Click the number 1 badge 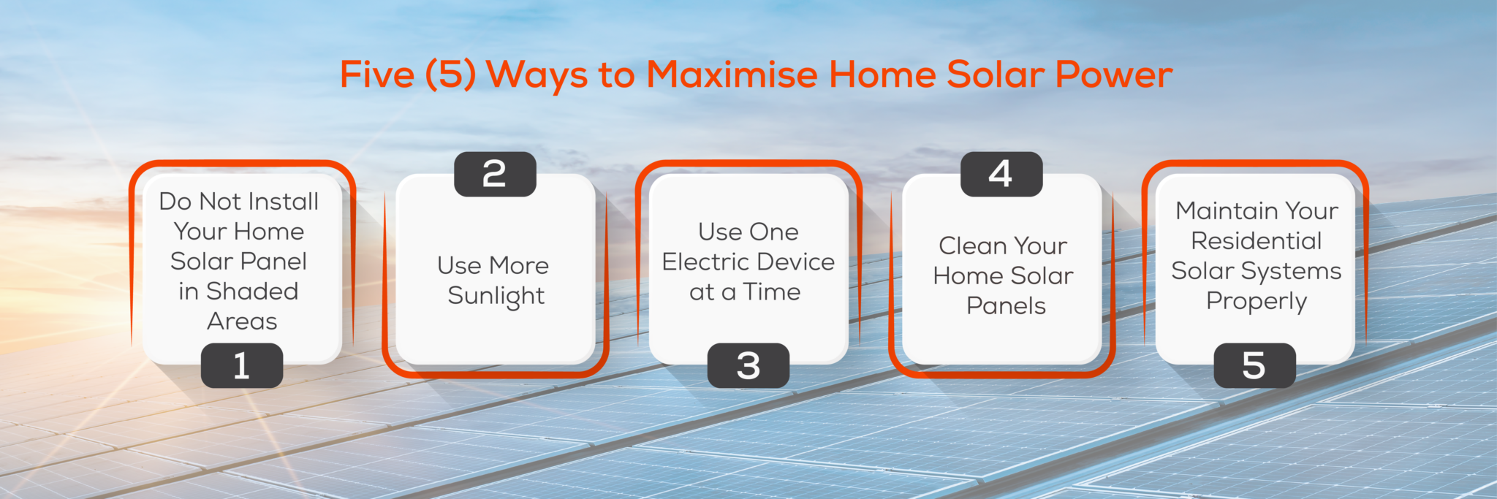click(x=241, y=365)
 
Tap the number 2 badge click(x=495, y=174)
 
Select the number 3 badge click(x=748, y=365)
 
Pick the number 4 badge click(x=1001, y=174)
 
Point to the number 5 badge click(x=1254, y=365)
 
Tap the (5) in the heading click(x=450, y=75)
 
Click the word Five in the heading click(x=377, y=75)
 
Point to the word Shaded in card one click(x=252, y=291)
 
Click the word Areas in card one click(x=242, y=321)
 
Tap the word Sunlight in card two click(x=496, y=296)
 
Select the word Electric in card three click(x=707, y=262)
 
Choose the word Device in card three click(x=797, y=262)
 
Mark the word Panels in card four click(x=1006, y=305)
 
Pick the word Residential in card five click(x=1256, y=240)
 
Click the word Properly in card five click(x=1256, y=301)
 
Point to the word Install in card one click(x=281, y=201)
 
